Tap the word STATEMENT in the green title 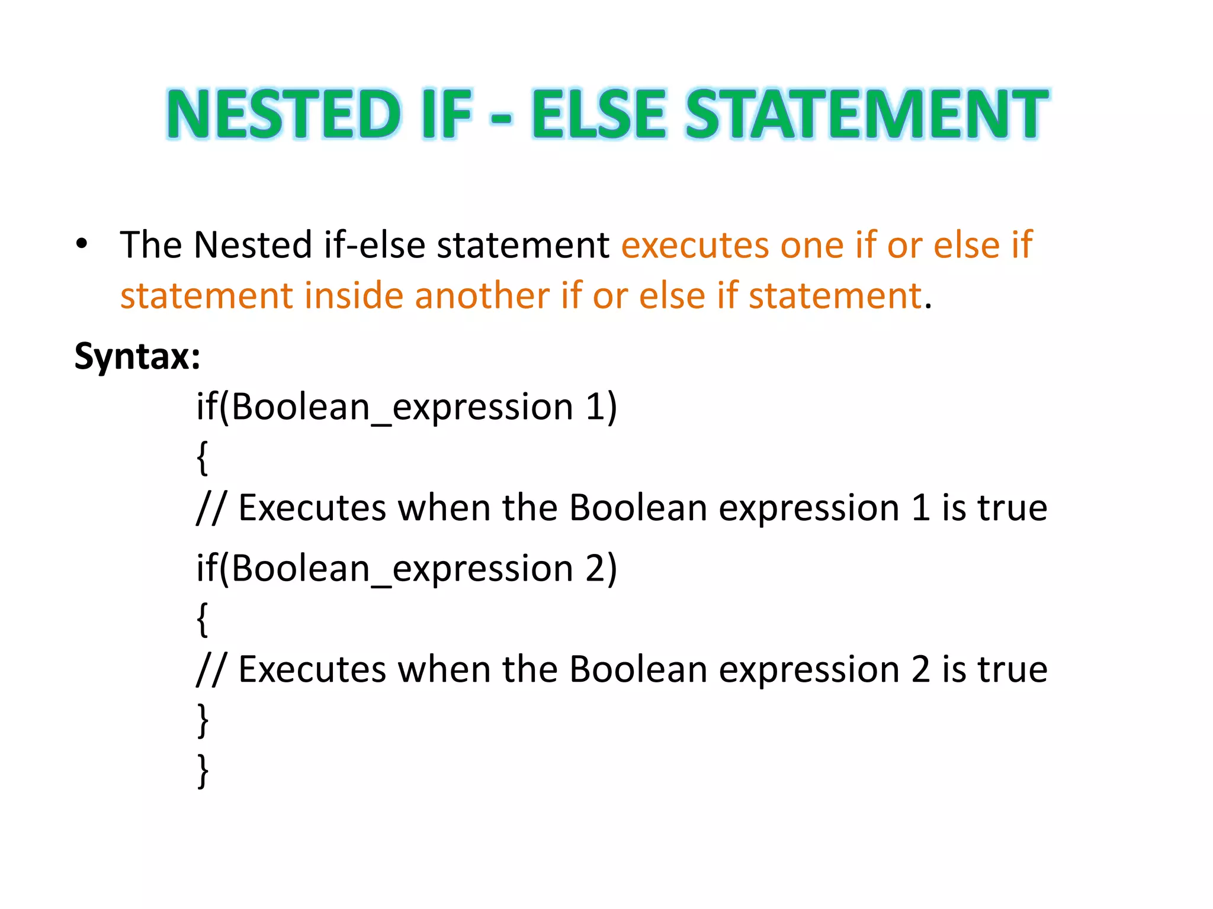click(x=866, y=114)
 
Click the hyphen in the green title click(x=501, y=117)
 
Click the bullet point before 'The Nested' click(x=82, y=244)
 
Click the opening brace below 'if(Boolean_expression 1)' click(x=203, y=457)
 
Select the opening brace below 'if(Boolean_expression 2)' click(x=203, y=619)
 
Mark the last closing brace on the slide click(x=203, y=771)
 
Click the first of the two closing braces click(x=203, y=720)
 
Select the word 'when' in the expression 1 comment click(x=444, y=508)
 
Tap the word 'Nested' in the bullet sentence click(x=252, y=245)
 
